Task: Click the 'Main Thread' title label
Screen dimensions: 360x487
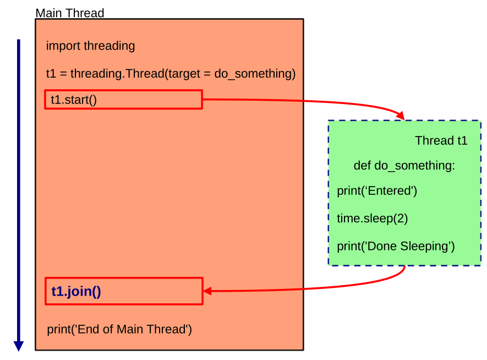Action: coord(69,13)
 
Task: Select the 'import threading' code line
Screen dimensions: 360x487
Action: coord(90,46)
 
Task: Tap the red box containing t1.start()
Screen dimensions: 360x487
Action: coord(123,100)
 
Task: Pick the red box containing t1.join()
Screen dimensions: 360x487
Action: coord(123,291)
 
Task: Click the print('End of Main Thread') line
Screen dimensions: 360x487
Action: coord(119,329)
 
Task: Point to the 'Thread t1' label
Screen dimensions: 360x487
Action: coord(441,141)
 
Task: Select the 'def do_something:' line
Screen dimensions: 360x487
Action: coord(404,166)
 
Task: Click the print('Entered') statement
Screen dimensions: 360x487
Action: coord(377,191)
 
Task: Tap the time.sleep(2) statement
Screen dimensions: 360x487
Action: coord(372,219)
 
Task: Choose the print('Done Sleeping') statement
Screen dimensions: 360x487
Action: coord(396,246)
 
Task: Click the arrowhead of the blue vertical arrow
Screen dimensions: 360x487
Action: coord(19,346)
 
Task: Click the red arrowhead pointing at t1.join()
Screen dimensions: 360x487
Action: coord(208,291)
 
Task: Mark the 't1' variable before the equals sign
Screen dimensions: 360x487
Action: coord(51,73)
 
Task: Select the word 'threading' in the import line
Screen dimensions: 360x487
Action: coord(109,46)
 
